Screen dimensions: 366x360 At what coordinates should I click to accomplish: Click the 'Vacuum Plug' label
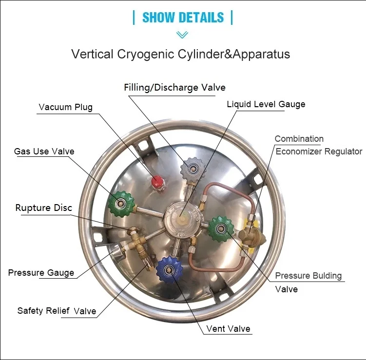(66, 107)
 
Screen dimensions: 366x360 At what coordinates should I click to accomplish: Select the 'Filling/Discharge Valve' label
(174, 88)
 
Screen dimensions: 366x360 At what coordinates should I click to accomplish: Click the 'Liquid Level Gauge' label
(266, 104)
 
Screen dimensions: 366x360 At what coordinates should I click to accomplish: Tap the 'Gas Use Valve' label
(44, 152)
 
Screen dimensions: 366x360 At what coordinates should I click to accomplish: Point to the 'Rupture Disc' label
(44, 208)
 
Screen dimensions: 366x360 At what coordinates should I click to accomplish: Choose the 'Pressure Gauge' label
(41, 273)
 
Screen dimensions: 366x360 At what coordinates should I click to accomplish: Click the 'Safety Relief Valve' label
(57, 311)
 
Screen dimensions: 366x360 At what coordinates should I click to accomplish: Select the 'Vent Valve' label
(228, 329)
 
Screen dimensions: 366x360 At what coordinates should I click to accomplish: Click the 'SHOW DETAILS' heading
(183, 18)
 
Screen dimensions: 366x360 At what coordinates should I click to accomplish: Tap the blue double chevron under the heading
(182, 35)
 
